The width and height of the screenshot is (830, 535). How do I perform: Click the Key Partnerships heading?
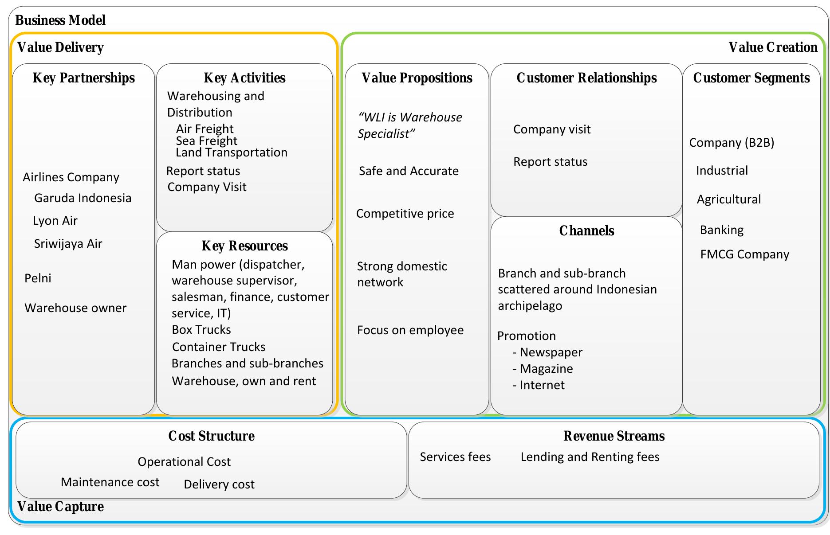[83, 78]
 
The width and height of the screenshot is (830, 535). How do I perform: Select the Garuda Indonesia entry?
[83, 198]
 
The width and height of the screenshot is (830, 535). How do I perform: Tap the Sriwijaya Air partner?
[68, 244]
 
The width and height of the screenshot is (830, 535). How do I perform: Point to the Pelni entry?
[38, 278]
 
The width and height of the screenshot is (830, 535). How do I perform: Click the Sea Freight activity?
[206, 141]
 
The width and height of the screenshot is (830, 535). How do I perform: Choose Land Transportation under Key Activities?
[231, 152]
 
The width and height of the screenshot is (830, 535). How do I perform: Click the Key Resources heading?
[244, 246]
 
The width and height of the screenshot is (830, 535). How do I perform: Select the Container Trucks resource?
[218, 347]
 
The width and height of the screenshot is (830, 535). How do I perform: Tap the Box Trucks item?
[201, 330]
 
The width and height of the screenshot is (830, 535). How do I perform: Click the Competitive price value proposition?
[405, 214]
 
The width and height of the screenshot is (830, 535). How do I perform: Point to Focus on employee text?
[410, 330]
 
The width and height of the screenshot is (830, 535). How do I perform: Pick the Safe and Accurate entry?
[408, 171]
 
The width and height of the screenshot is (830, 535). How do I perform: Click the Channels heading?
[586, 231]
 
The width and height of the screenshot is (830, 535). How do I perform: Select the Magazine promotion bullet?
[546, 369]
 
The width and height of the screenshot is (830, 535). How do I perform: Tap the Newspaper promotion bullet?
[551, 352]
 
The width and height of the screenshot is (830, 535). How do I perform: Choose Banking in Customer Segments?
[721, 230]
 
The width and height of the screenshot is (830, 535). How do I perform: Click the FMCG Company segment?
[744, 254]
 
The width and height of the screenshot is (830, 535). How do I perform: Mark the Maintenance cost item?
[110, 482]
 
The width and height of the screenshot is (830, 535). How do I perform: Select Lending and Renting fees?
[590, 457]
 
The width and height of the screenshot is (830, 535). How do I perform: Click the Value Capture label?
[60, 507]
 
